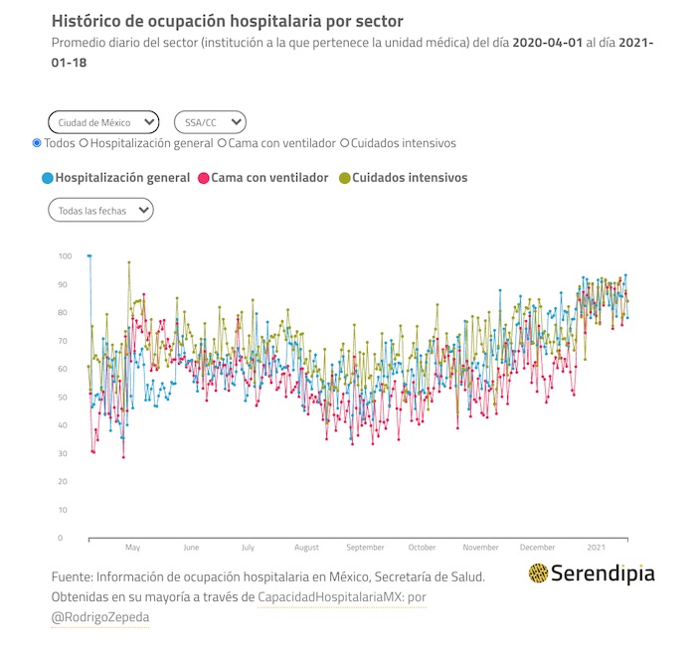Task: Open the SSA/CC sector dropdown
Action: pyautogui.click(x=210, y=122)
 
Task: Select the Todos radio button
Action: pyautogui.click(x=37, y=143)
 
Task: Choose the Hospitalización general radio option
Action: pyautogui.click(x=84, y=143)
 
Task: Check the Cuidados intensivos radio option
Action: pyautogui.click(x=345, y=143)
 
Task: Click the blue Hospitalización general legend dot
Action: pyautogui.click(x=47, y=178)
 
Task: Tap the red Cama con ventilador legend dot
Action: pyautogui.click(x=203, y=178)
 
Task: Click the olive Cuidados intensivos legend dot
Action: pyautogui.click(x=344, y=178)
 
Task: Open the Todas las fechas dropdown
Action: pyautogui.click(x=100, y=210)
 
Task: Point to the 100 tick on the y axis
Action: pyautogui.click(x=65, y=256)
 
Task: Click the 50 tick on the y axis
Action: pyautogui.click(x=65, y=398)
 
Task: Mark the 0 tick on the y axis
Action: pyautogui.click(x=62, y=538)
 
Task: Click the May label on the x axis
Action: pyautogui.click(x=132, y=548)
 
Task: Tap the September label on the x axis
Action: pyautogui.click(x=365, y=548)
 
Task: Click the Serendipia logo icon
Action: pyautogui.click(x=538, y=573)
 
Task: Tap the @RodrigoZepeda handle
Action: pyautogui.click(x=99, y=617)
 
